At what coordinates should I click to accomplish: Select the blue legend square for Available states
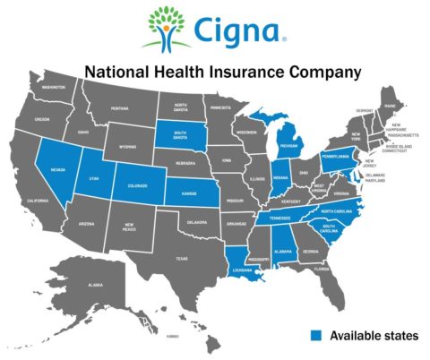316,335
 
